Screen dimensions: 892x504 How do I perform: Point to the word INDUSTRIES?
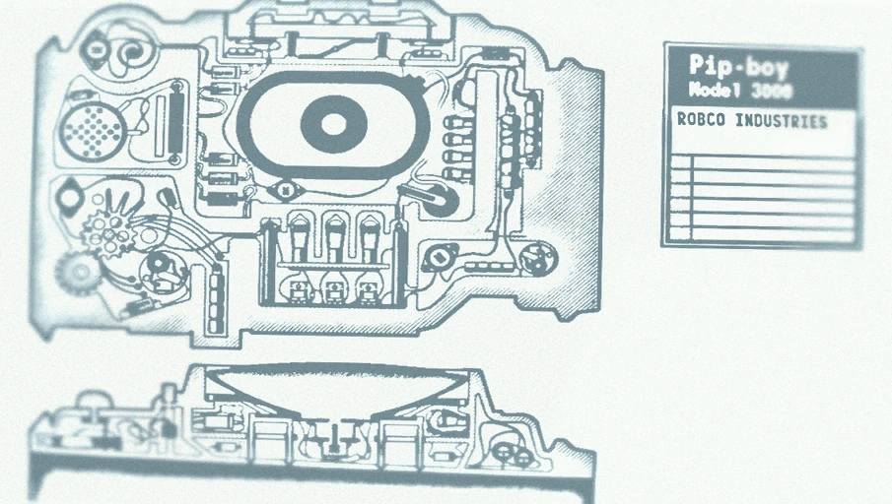click(x=781, y=121)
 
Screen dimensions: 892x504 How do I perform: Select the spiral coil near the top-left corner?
click(x=131, y=53)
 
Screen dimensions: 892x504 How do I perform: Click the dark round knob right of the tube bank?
click(x=437, y=201)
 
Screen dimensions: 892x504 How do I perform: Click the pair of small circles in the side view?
click(x=513, y=453)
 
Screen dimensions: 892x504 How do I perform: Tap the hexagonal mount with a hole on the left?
click(x=70, y=197)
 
